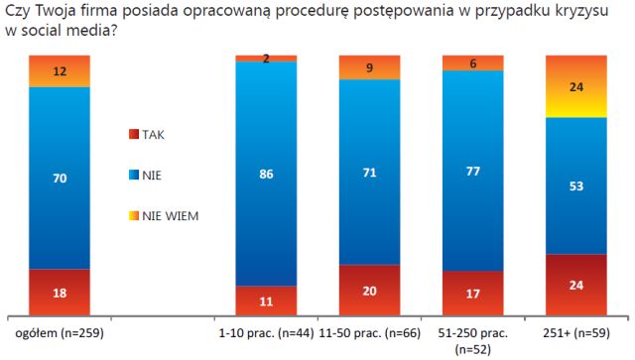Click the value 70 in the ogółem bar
click(60, 179)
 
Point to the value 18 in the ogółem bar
click(60, 293)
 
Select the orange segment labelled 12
click(60, 71)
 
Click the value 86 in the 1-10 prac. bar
click(266, 174)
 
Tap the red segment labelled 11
click(266, 300)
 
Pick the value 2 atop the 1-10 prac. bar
click(266, 59)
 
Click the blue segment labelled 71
click(369, 171)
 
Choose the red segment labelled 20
click(369, 291)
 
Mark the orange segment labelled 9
click(369, 67)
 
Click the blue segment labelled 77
click(472, 170)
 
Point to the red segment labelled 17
click(472, 294)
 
